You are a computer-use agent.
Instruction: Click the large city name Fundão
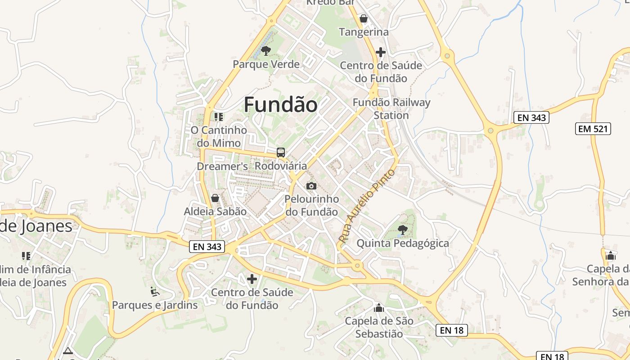(x=280, y=105)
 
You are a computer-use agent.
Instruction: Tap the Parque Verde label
(x=266, y=64)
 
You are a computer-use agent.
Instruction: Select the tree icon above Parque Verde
(x=266, y=50)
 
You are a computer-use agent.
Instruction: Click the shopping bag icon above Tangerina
(x=363, y=18)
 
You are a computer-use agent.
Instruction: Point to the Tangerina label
(x=364, y=32)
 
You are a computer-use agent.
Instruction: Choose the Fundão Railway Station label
(x=391, y=108)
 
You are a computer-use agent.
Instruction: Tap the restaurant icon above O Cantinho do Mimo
(x=219, y=117)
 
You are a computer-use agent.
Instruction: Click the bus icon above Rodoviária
(x=281, y=153)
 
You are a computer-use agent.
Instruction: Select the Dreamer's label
(x=222, y=166)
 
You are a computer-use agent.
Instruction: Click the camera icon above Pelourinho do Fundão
(x=311, y=186)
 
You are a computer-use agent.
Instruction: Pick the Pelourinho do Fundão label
(x=312, y=205)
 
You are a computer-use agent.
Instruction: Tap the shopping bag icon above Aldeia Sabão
(x=215, y=198)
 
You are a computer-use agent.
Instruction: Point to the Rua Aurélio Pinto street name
(x=367, y=206)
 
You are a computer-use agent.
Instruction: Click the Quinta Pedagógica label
(x=403, y=243)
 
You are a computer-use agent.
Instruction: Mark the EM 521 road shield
(x=593, y=129)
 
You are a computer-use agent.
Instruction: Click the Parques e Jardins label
(x=155, y=305)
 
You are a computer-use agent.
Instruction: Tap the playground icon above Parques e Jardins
(x=155, y=292)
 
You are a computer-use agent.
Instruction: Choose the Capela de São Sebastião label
(x=379, y=328)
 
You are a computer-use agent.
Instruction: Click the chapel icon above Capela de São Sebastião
(x=379, y=308)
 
